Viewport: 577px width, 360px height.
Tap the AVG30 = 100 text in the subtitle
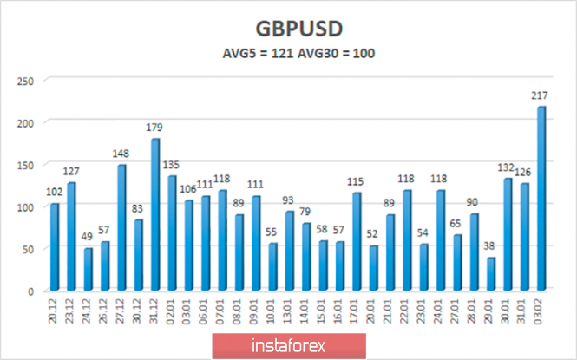coord(338,54)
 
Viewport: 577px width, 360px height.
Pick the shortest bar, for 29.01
coord(491,273)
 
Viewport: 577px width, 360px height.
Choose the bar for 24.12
coord(89,269)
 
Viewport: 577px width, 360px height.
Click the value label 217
coord(541,97)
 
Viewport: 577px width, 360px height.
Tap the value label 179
coord(155,128)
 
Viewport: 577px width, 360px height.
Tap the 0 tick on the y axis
coord(30,291)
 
